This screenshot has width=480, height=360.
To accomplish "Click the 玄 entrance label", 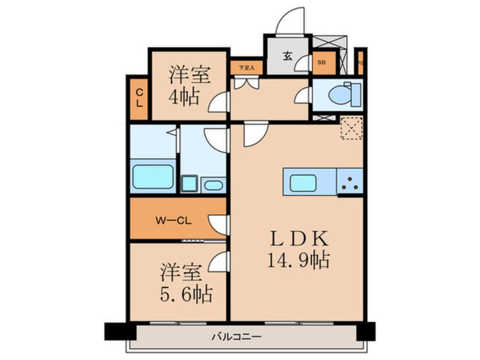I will (x=288, y=56).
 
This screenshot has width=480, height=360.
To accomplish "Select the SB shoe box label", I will (x=322, y=63).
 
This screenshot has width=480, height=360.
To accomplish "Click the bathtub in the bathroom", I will (x=153, y=177).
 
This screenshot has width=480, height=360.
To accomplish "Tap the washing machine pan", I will (x=188, y=183).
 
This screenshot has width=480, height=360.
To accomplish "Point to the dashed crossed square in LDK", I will (x=352, y=127).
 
